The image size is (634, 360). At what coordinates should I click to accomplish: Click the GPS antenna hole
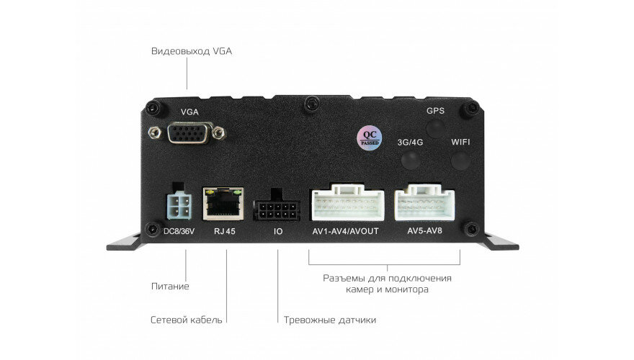pos(434,128)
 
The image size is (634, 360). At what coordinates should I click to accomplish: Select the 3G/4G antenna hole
pos(409,160)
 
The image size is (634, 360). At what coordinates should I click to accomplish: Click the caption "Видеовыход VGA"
pos(192,52)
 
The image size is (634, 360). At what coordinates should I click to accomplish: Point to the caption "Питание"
pos(170,287)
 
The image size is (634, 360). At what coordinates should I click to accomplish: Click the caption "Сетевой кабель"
pos(187,320)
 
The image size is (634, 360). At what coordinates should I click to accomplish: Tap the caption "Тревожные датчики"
pos(330,320)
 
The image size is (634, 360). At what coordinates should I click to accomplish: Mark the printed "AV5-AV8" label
pos(425,231)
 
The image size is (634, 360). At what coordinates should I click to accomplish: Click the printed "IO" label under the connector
pos(278,232)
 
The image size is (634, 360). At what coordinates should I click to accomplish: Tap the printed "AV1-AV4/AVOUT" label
pos(346,231)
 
